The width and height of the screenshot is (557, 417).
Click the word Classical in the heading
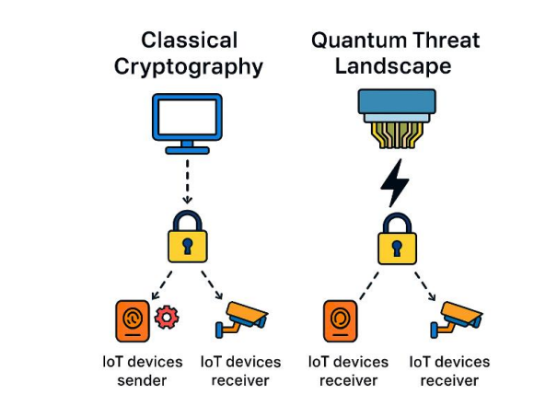(189, 41)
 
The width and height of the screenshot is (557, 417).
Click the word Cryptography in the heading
(189, 67)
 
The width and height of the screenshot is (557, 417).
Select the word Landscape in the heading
(393, 67)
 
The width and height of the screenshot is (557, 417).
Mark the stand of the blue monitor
(187, 146)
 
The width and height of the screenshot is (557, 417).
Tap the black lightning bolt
(396, 182)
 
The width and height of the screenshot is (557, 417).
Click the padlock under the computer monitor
(187, 237)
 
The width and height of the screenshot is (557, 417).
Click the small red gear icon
(167, 318)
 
